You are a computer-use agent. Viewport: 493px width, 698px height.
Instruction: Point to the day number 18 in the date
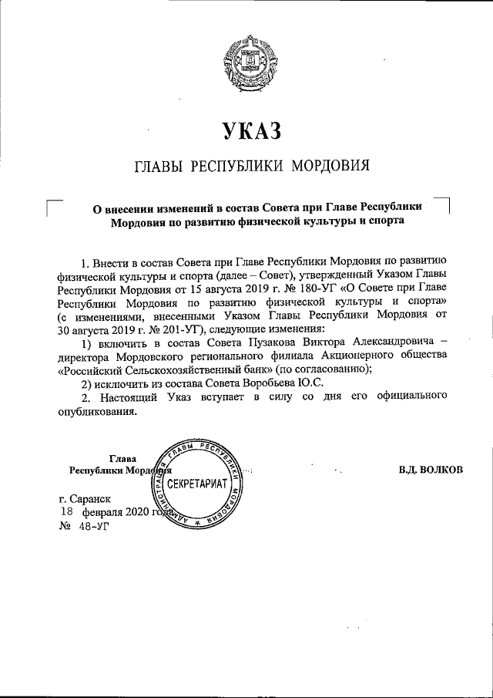[67, 513]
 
